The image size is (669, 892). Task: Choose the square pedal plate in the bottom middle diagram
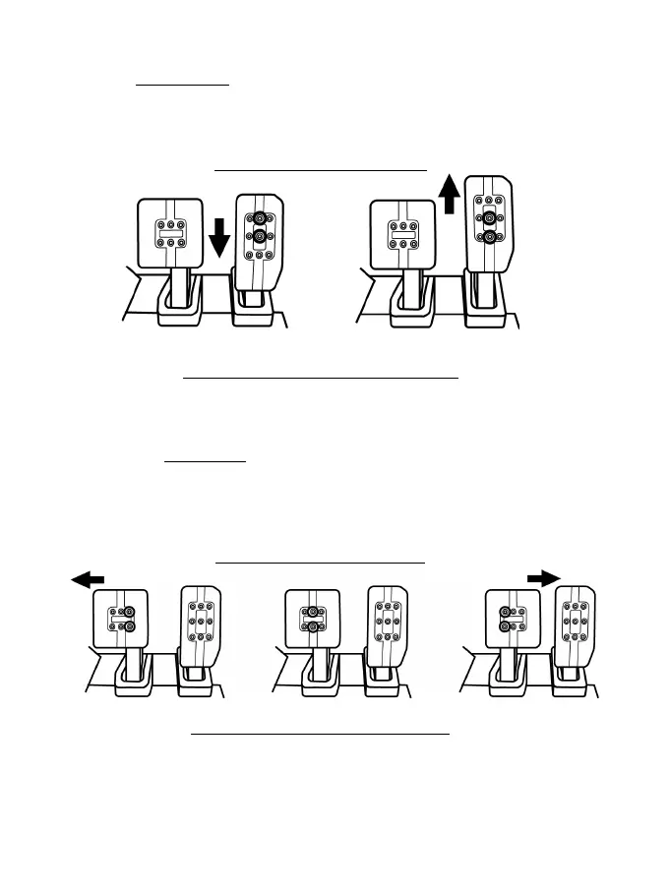click(311, 620)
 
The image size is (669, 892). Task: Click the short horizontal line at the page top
click(182, 86)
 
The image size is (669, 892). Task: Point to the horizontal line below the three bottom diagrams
click(319, 734)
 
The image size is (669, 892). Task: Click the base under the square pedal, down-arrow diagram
click(178, 313)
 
